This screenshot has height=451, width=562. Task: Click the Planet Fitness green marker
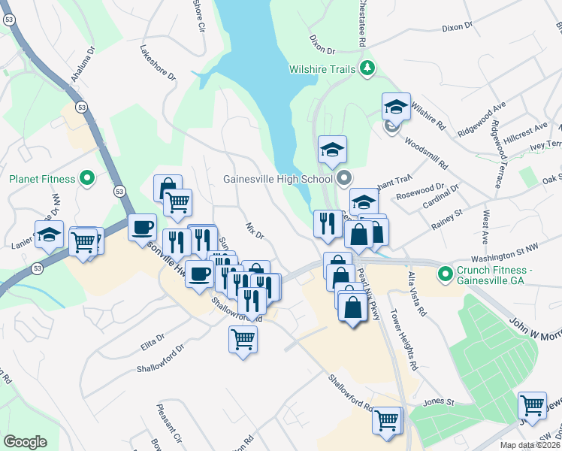pos(87,179)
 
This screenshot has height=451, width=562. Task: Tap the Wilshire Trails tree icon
pos(367,69)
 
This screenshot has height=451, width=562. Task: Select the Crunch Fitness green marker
pos(445,272)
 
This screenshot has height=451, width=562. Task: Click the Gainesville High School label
pos(277,179)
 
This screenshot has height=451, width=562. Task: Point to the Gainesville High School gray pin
pos(344,179)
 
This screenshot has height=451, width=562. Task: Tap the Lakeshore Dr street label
pos(157,65)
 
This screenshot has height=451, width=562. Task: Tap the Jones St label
pos(440,402)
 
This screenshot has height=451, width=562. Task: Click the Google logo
pos(25,442)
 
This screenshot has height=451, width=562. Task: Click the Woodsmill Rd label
pos(425,151)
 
